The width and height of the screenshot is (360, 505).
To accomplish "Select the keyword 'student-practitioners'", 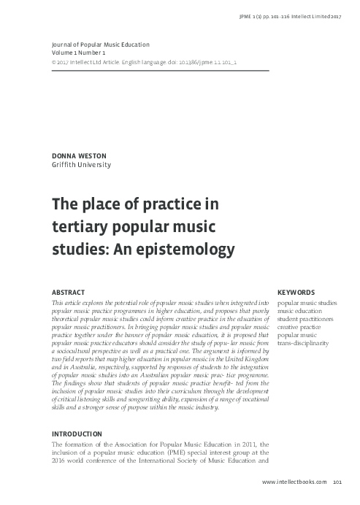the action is [305, 318].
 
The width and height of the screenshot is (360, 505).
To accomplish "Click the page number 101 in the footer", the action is [337, 482].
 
